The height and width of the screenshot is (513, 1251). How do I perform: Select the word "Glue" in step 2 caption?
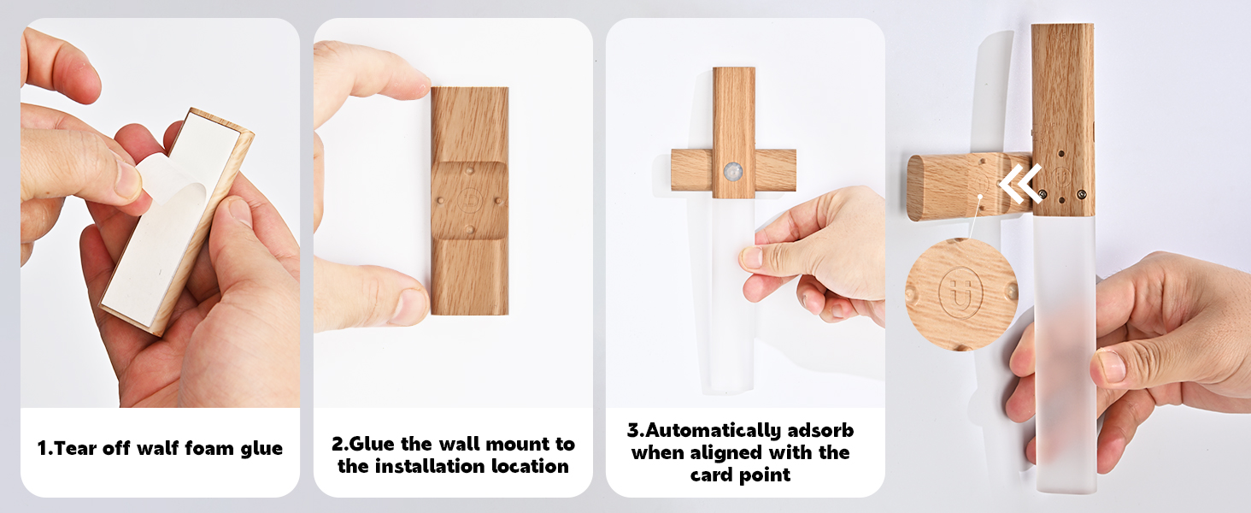tap(372, 445)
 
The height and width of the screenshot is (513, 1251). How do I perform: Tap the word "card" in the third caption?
tap(712, 475)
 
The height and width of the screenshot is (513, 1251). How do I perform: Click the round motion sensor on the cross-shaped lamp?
tap(732, 172)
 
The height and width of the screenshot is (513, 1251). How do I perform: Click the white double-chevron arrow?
tap(1020, 183)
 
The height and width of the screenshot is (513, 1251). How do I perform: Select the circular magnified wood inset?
tap(961, 294)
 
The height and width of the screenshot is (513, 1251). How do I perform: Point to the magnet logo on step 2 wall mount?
tap(469, 200)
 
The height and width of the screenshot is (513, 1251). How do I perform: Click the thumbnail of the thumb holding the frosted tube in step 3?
tap(751, 257)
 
